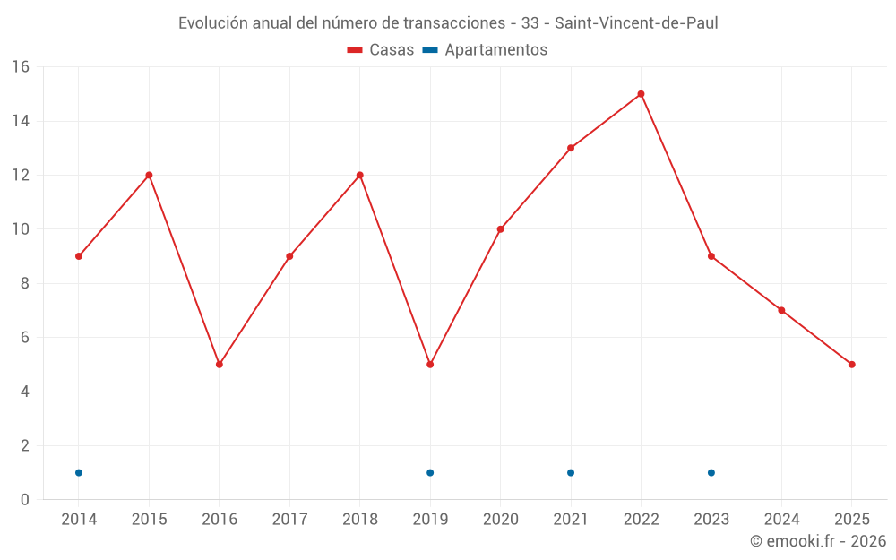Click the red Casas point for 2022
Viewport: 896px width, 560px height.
coord(641,94)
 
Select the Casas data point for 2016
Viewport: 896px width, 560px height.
coord(220,365)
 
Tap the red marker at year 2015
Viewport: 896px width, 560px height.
coord(149,175)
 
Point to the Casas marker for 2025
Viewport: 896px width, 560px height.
coord(852,365)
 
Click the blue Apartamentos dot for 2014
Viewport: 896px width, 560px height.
coord(79,472)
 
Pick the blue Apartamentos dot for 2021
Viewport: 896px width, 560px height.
coord(571,472)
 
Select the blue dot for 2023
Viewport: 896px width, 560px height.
coord(711,472)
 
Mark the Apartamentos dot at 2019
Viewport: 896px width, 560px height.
coord(430,472)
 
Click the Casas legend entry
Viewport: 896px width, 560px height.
coord(381,50)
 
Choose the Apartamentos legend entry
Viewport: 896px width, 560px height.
coord(485,50)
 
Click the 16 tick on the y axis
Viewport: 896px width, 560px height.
coord(21,67)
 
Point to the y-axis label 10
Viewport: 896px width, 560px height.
coord(21,229)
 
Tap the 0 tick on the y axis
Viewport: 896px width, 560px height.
coord(25,500)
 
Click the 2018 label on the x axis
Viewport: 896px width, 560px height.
coord(360,520)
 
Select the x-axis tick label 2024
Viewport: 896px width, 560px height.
coord(781,520)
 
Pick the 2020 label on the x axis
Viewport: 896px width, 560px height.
coord(501,520)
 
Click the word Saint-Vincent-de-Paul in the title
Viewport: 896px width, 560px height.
coord(636,23)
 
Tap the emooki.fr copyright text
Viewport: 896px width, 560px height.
coord(818,541)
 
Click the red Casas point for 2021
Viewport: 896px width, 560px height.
coord(571,148)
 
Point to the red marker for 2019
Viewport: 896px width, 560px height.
coord(430,365)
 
